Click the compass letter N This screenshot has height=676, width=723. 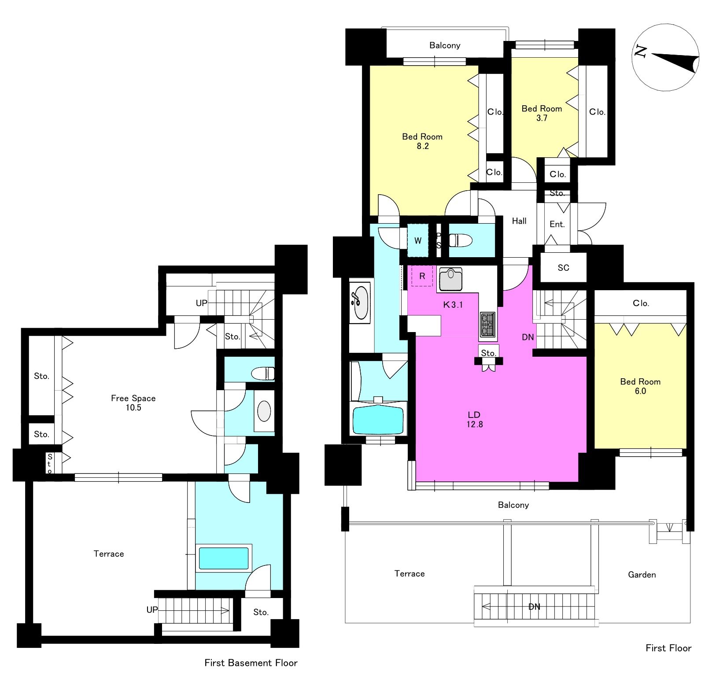click(641, 52)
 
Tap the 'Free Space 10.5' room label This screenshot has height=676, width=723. click(133, 403)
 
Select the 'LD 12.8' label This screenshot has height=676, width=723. click(474, 419)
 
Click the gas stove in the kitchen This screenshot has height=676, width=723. click(487, 325)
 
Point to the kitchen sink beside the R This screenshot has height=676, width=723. click(450, 279)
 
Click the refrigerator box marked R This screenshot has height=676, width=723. click(422, 276)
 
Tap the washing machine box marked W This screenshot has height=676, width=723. click(417, 240)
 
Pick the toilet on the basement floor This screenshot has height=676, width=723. click(263, 373)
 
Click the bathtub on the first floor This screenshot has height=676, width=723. click(378, 419)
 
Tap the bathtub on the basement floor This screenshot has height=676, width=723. click(224, 558)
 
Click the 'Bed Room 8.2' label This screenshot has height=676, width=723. click(422, 141)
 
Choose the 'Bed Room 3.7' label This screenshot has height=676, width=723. click(542, 113)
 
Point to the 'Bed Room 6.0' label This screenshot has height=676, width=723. click(640, 386)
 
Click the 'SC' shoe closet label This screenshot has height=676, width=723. click(563, 268)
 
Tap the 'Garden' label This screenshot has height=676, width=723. click(642, 575)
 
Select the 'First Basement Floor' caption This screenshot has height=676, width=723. click(251, 663)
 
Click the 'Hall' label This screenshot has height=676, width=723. click(519, 221)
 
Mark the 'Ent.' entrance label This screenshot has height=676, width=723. click(557, 225)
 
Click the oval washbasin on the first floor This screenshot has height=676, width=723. click(360, 302)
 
